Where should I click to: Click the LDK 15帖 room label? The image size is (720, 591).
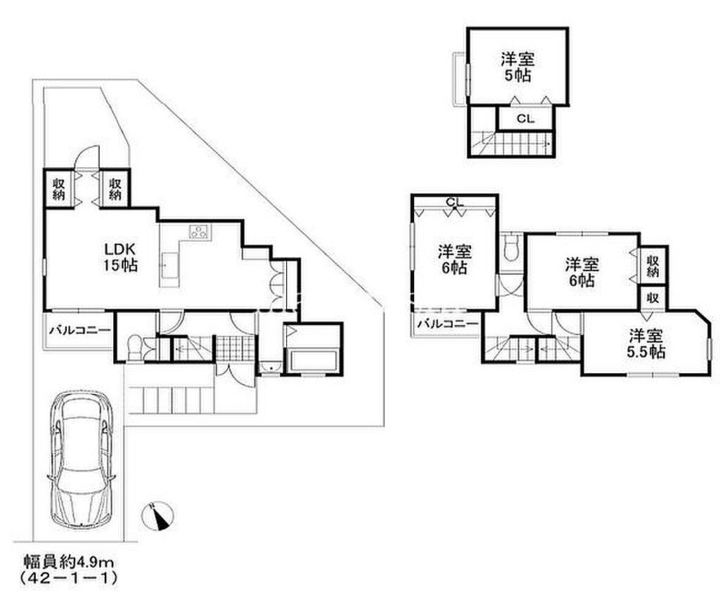pyautogui.click(x=121, y=257)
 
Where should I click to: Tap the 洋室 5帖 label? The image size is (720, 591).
pyautogui.click(x=518, y=67)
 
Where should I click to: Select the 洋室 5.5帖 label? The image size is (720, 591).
pyautogui.click(x=646, y=344)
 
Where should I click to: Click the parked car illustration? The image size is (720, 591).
pyautogui.click(x=82, y=458)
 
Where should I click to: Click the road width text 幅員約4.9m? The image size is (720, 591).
pyautogui.click(x=69, y=561)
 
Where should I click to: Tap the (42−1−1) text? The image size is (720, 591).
pyautogui.click(x=69, y=577)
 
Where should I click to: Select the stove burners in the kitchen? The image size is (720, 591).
pyautogui.click(x=199, y=231)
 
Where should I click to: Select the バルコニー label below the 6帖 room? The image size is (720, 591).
pyautogui.click(x=447, y=324)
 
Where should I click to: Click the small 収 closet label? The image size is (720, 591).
pyautogui.click(x=653, y=298)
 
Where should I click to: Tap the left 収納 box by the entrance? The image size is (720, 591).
pyautogui.click(x=59, y=189)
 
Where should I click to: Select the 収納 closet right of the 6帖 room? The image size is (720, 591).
pyautogui.click(x=653, y=266)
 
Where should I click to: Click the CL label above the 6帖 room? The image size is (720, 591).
pyautogui.click(x=455, y=202)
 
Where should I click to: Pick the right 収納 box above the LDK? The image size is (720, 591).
pyautogui.click(x=115, y=189)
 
